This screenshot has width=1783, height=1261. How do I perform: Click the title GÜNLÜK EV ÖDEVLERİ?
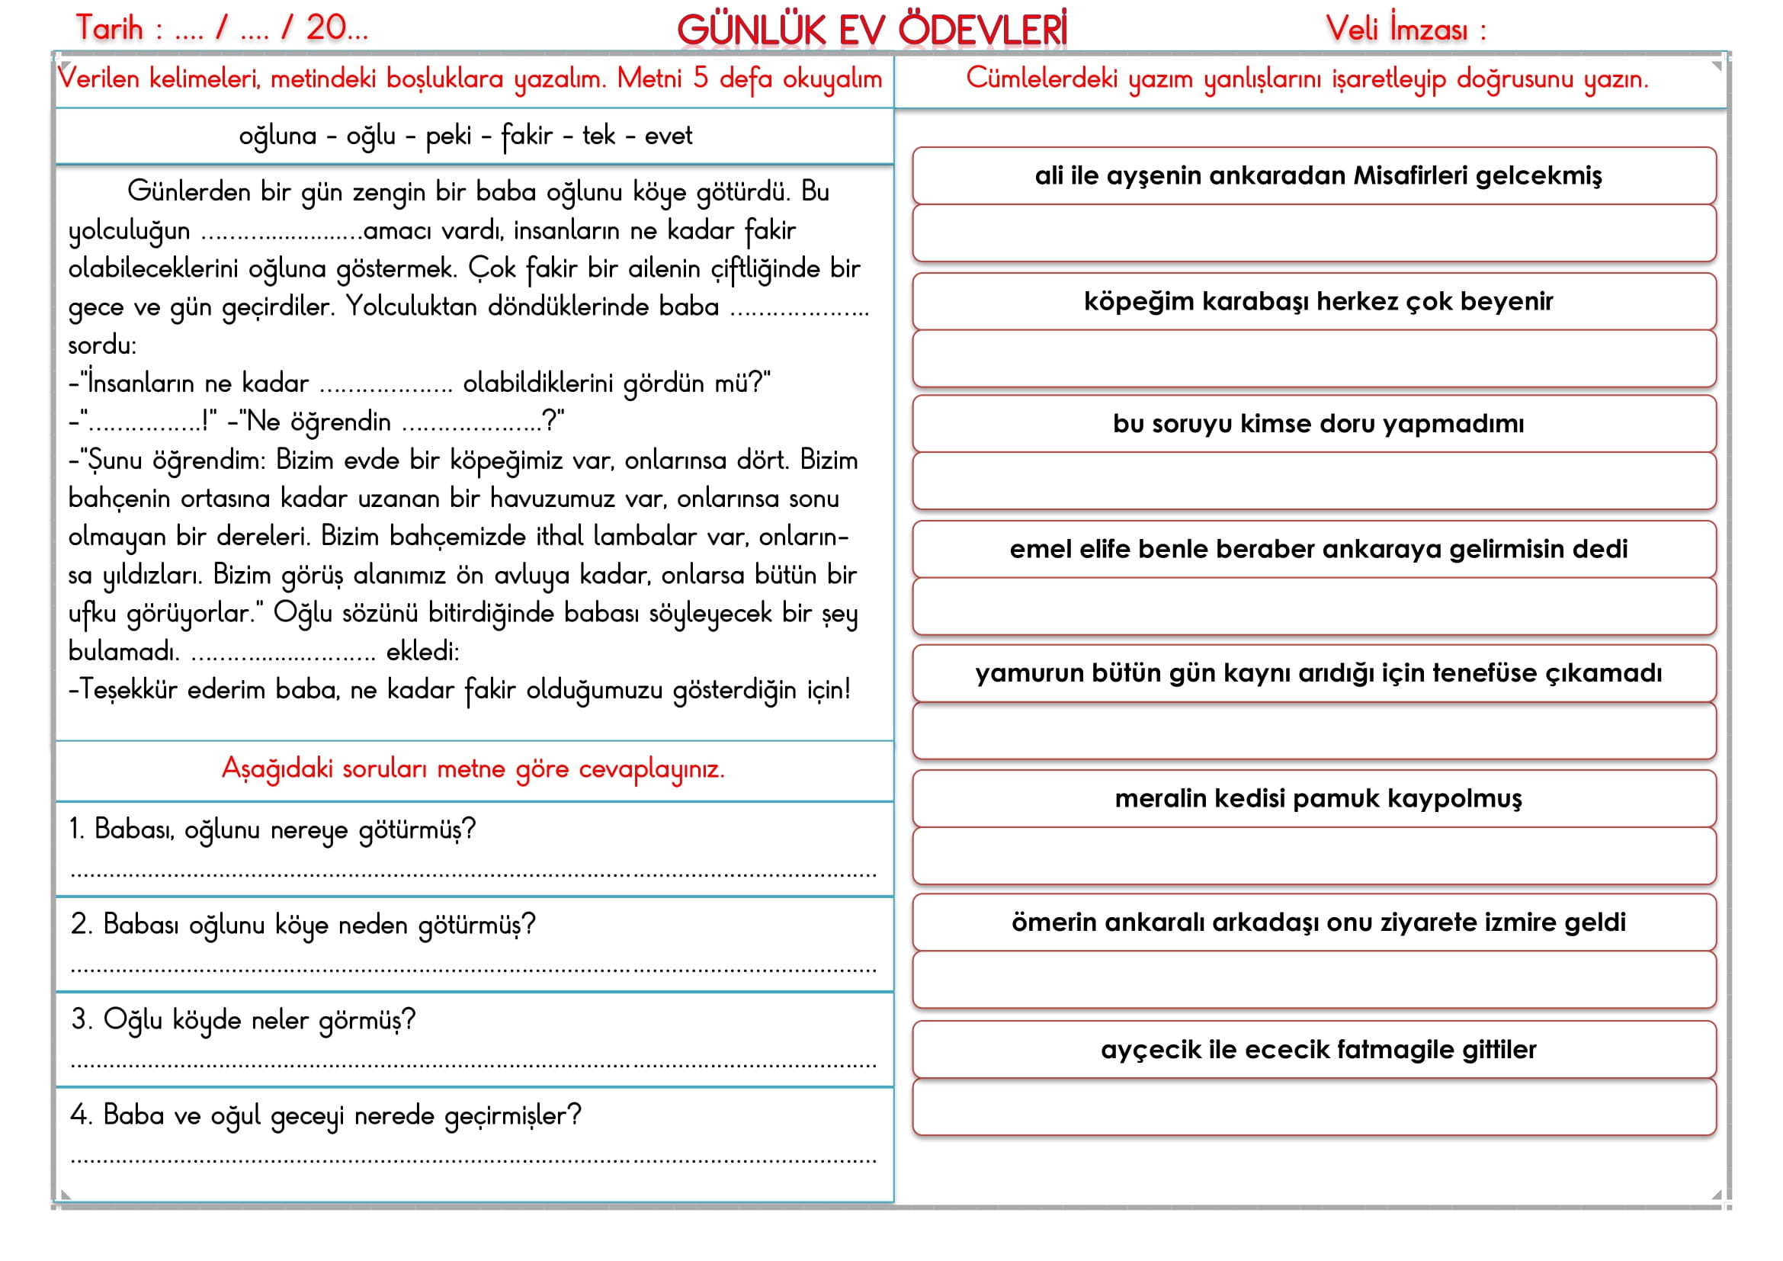tap(871, 30)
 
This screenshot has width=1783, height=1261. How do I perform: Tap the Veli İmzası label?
tap(1406, 30)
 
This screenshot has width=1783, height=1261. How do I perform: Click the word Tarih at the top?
tap(110, 29)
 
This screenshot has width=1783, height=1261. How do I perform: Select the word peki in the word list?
tap(448, 136)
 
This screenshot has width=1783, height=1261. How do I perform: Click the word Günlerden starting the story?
tap(188, 191)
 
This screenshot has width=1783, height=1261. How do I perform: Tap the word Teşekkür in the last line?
tap(128, 689)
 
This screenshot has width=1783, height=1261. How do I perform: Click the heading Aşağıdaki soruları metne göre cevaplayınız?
tap(473, 768)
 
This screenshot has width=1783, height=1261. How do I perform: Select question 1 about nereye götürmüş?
tap(272, 830)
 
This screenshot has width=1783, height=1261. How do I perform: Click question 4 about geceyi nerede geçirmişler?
tap(325, 1116)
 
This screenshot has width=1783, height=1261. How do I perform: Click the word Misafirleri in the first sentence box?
tap(1410, 176)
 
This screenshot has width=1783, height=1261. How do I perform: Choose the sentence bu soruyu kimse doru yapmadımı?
tap(1318, 424)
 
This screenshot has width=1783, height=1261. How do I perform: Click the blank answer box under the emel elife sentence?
tap(1314, 606)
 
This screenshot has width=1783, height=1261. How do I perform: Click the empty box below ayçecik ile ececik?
tap(1314, 1107)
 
